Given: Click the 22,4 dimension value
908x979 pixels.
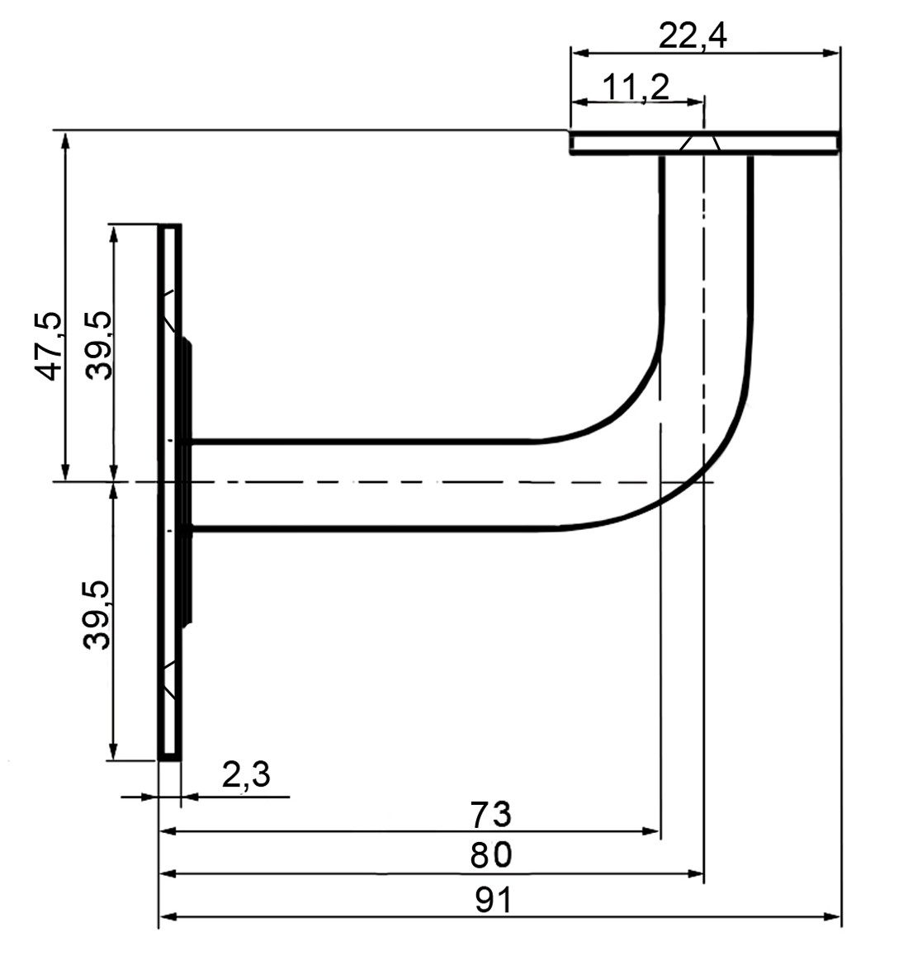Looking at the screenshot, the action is coord(693,37).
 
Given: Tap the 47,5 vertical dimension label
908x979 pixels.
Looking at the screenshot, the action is coord(48,345).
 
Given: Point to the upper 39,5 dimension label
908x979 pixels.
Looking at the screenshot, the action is coord(98,345).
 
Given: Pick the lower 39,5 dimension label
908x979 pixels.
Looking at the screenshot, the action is coord(97,615).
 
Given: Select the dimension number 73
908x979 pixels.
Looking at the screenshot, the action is coord(491,814).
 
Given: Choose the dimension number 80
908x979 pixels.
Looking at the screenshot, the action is coord(491,854).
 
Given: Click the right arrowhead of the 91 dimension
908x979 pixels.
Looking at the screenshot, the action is coord(832,916).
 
